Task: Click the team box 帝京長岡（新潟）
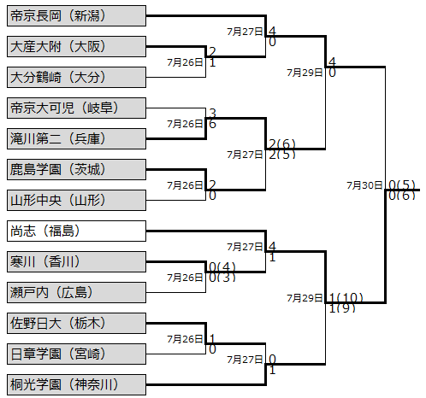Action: tap(76, 15)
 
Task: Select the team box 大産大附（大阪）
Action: tap(76, 46)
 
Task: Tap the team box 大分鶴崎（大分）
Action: tap(76, 77)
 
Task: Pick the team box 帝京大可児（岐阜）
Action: tap(76, 108)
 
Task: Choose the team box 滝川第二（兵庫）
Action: tap(76, 138)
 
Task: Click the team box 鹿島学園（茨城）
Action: tap(76, 169)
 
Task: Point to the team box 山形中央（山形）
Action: tap(76, 200)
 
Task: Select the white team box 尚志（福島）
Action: tap(76, 231)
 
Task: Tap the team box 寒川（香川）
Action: tap(76, 261)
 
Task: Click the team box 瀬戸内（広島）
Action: tap(76, 292)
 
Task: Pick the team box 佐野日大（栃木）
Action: tap(76, 323)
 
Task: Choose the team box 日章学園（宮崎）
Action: tap(76, 354)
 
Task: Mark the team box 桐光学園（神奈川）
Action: tap(76, 384)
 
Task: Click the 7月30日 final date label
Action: tap(364, 185)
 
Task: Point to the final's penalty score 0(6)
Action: tap(402, 196)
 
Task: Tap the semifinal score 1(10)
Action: tap(346, 298)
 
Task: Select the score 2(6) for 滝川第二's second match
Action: tap(282, 143)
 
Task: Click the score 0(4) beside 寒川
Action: tap(222, 267)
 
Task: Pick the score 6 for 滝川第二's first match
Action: tap(212, 124)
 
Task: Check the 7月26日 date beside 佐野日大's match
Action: tap(185, 339)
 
